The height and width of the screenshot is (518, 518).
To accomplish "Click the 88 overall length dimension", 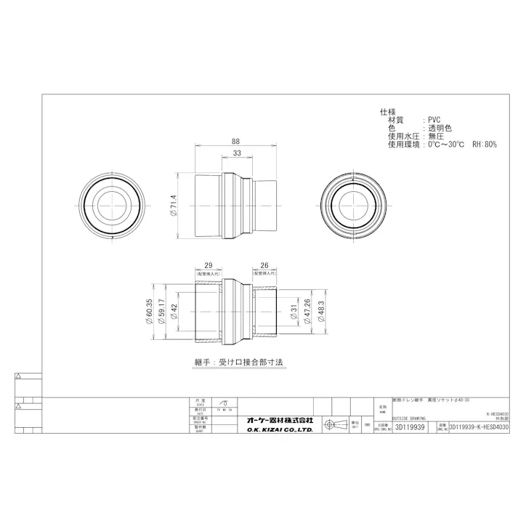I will (x=236, y=142).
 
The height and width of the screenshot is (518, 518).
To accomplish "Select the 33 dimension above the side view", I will (x=237, y=154).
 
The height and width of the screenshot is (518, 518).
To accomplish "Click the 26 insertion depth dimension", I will (x=264, y=267).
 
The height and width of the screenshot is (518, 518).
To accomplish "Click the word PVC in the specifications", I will (x=434, y=120).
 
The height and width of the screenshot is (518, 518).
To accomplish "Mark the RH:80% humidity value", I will (x=485, y=145).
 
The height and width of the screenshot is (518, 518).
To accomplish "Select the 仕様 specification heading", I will (x=387, y=112).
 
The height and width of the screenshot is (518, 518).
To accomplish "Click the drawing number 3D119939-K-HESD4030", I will (x=479, y=429).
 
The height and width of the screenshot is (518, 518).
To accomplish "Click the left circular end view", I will (x=113, y=206).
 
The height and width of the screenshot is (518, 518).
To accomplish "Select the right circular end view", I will (x=354, y=206).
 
